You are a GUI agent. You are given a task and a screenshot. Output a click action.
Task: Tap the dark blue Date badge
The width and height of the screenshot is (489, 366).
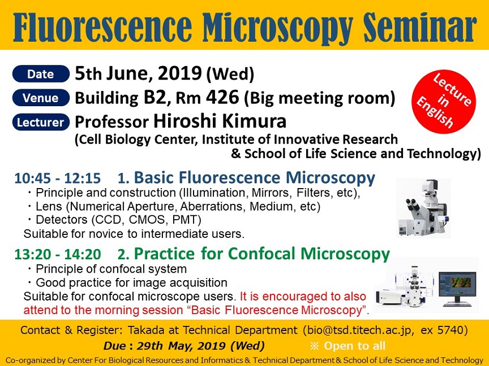41,74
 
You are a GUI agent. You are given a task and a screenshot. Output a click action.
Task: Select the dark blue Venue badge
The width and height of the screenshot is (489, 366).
41,98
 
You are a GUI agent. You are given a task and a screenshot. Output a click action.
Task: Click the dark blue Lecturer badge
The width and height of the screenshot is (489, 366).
41,122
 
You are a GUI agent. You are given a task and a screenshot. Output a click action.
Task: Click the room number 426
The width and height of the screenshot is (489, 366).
222,97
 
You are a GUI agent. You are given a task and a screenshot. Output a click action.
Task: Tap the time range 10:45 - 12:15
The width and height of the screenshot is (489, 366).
57,178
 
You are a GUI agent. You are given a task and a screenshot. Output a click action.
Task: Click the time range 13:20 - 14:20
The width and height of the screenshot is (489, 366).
58,254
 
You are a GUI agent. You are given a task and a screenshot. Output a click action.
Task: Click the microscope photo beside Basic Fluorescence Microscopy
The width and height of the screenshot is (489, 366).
423,208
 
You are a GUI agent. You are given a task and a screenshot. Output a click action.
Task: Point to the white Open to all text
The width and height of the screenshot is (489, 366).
355,346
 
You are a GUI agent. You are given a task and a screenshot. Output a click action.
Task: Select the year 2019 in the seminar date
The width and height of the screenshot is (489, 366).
179,73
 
